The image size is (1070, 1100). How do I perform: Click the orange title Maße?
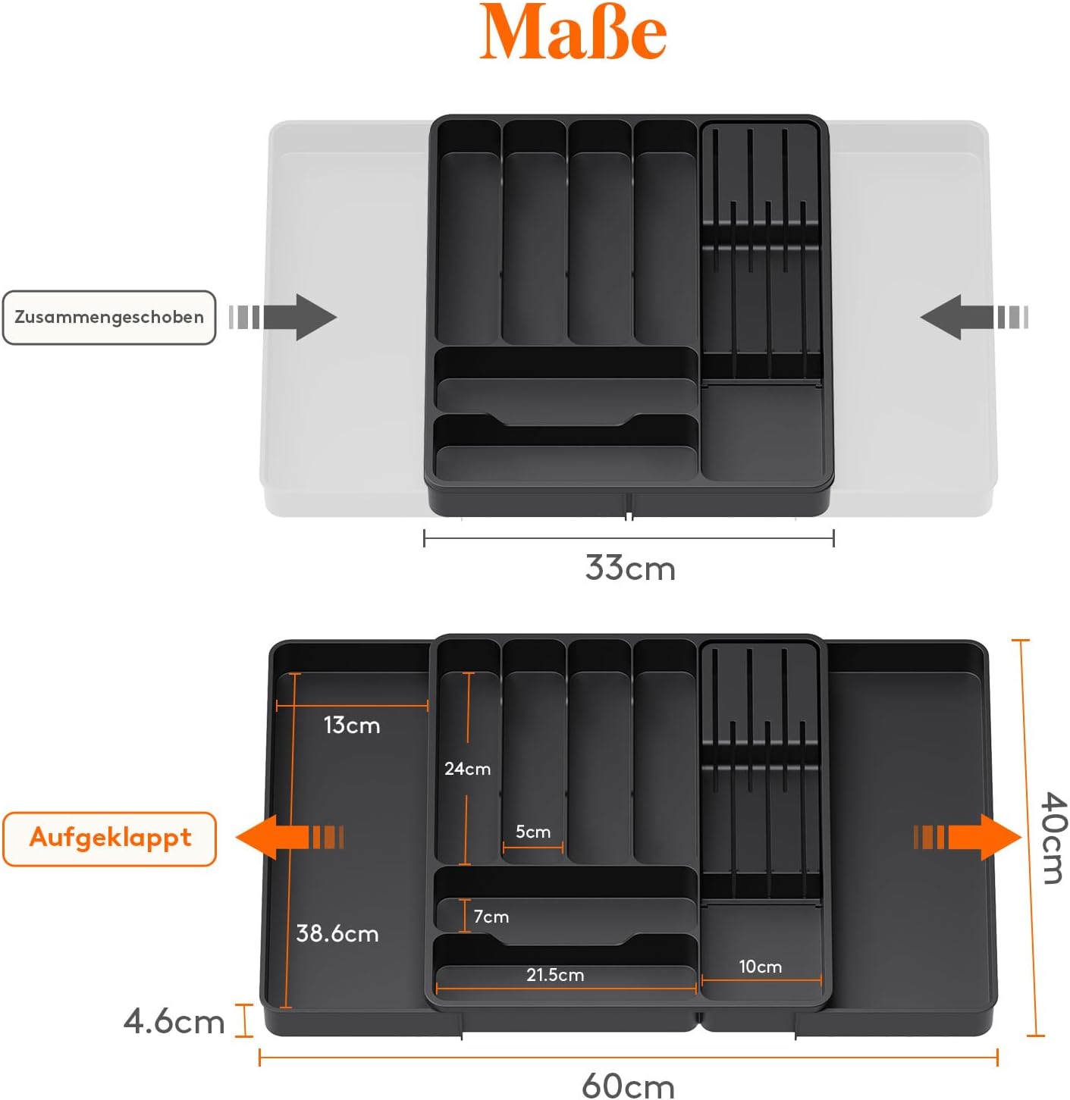(x=573, y=32)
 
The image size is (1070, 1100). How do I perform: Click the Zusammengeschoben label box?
(x=109, y=317)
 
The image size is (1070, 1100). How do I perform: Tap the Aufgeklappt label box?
(x=110, y=839)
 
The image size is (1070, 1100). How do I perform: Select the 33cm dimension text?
(x=630, y=568)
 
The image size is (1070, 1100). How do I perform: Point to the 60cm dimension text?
(x=628, y=1086)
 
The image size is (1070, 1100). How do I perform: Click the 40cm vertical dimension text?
(x=1053, y=838)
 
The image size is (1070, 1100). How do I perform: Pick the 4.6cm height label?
(x=174, y=1022)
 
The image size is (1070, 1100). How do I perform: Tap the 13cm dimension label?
(x=352, y=725)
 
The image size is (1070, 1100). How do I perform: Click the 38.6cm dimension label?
(x=337, y=933)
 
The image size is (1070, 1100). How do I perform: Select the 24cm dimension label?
(x=467, y=769)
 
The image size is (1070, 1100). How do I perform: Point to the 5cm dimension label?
(x=533, y=832)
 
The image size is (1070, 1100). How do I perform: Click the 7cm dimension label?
(x=491, y=917)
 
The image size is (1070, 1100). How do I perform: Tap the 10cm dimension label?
(x=760, y=967)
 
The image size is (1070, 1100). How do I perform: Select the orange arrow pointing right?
(x=968, y=837)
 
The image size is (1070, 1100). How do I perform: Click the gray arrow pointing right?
(x=283, y=317)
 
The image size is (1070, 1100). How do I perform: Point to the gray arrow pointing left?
(x=974, y=317)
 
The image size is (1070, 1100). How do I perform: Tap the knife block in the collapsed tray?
(x=761, y=252)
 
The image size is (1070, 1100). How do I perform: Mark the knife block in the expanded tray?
(x=761, y=773)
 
